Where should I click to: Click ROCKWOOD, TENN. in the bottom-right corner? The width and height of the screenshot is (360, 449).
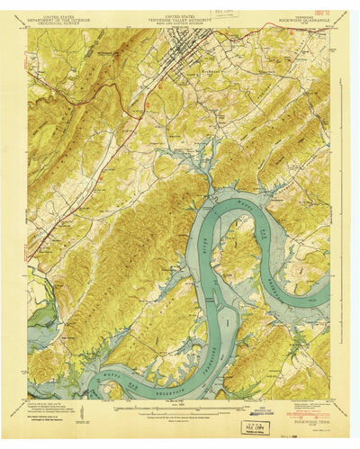pos(311,409)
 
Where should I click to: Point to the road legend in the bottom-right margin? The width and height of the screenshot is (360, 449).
pos(297,403)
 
